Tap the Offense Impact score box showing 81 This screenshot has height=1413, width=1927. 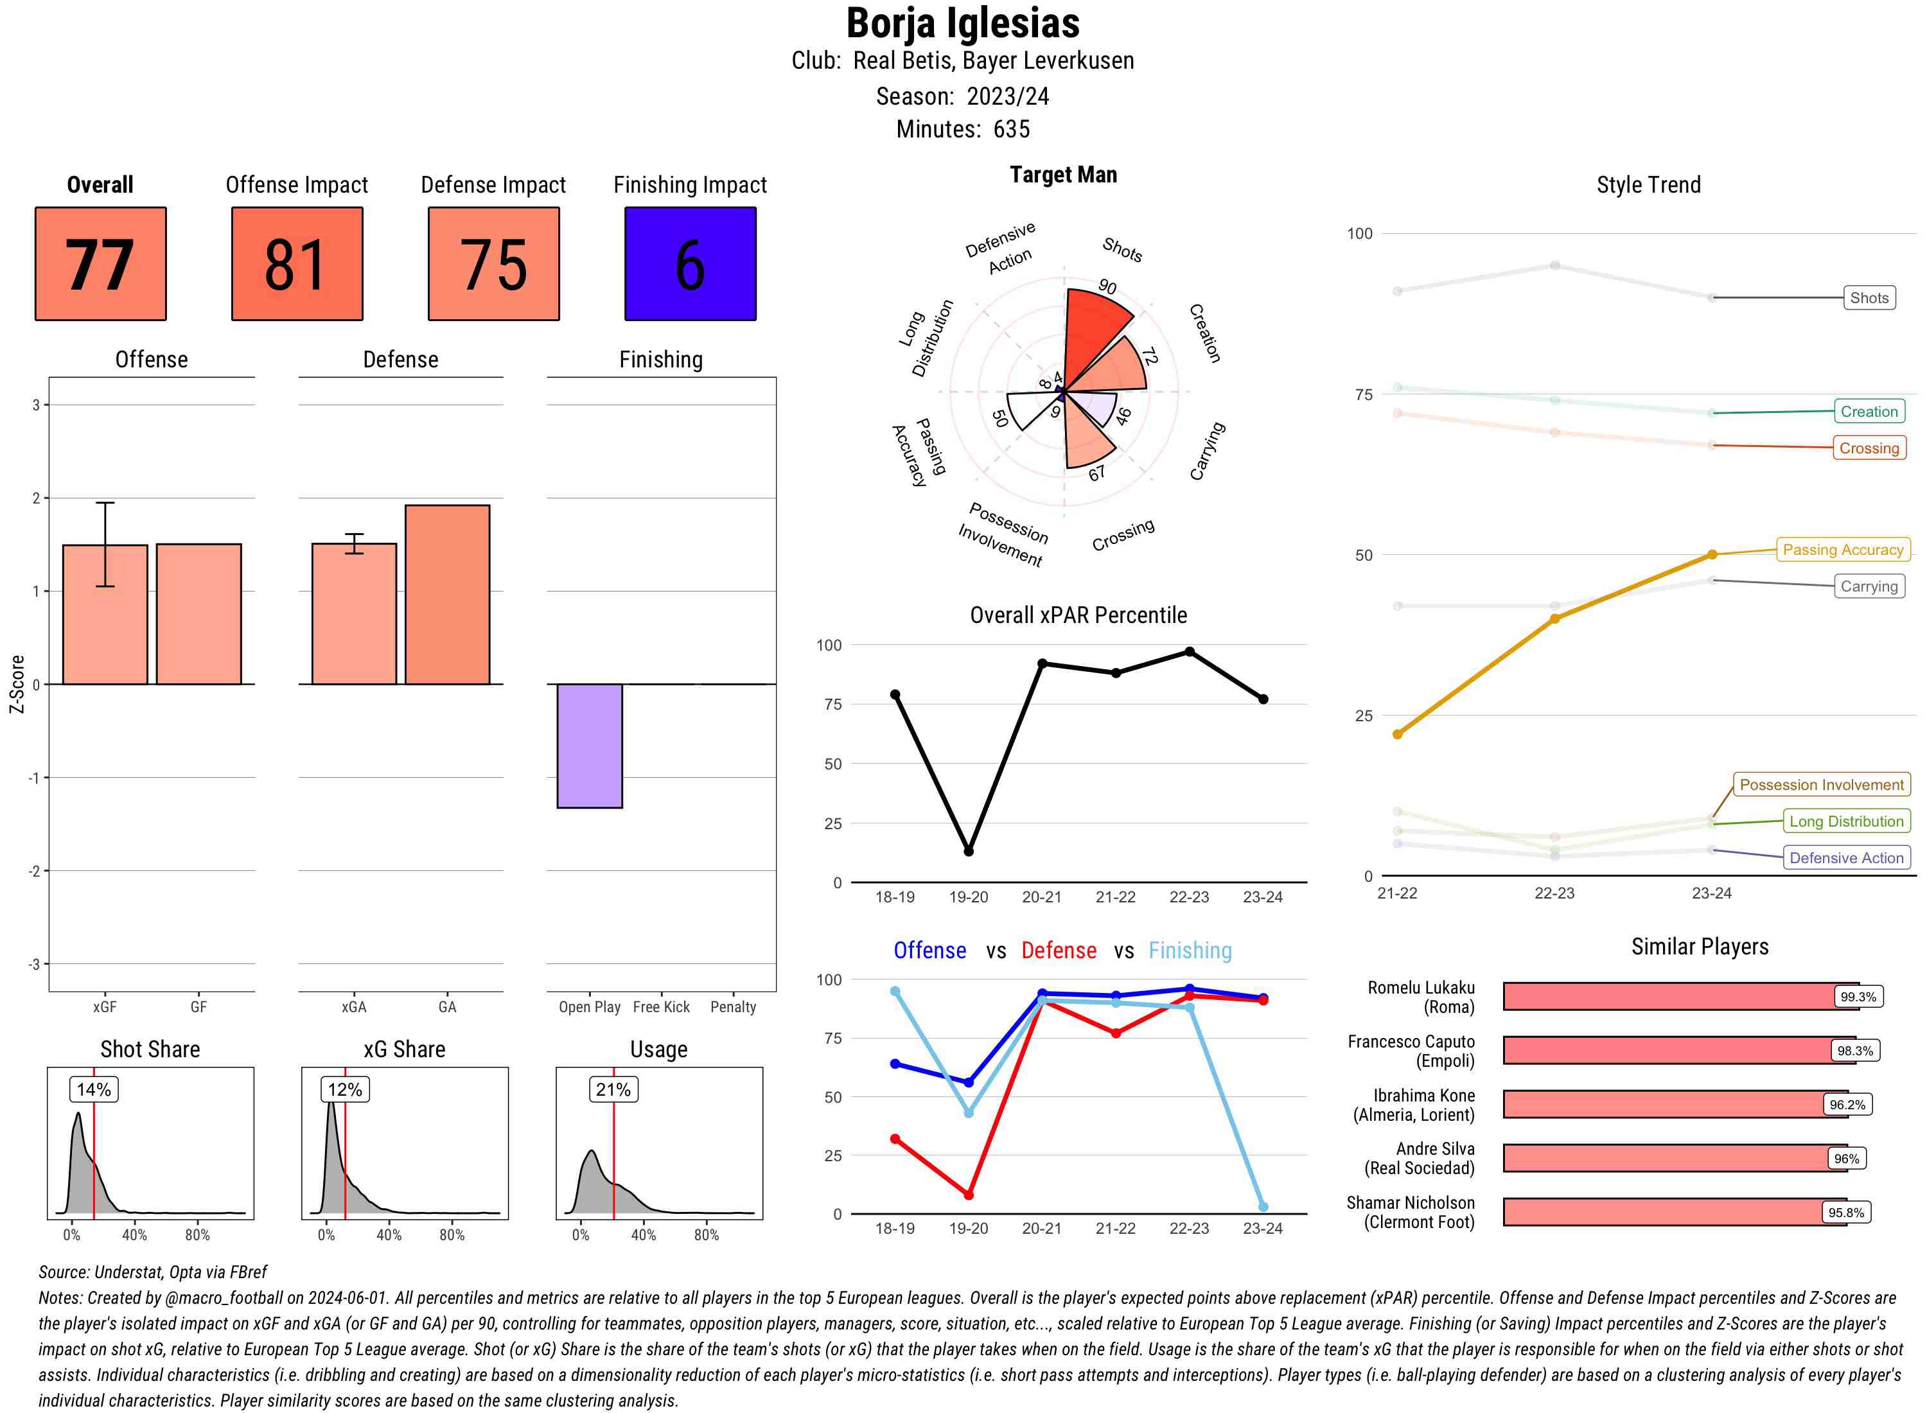click(297, 263)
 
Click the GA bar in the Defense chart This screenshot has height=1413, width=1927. click(447, 595)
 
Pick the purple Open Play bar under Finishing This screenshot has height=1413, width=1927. click(589, 745)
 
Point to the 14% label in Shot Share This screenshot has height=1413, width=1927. click(94, 1089)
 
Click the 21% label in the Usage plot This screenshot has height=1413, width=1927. click(613, 1089)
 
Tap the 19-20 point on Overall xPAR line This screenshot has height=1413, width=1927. click(968, 851)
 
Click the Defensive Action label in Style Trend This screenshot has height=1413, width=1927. click(1846, 858)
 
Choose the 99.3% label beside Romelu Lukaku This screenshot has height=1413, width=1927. click(1858, 996)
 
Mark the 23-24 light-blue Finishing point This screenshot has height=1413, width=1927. click(1263, 1206)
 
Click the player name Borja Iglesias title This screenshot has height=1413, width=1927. click(963, 24)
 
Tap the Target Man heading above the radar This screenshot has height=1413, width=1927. click(1063, 175)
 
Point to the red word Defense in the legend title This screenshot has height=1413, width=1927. click(1058, 951)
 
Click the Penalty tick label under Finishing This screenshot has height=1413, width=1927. click(733, 1006)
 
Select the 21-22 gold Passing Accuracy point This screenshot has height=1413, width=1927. click(1398, 734)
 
